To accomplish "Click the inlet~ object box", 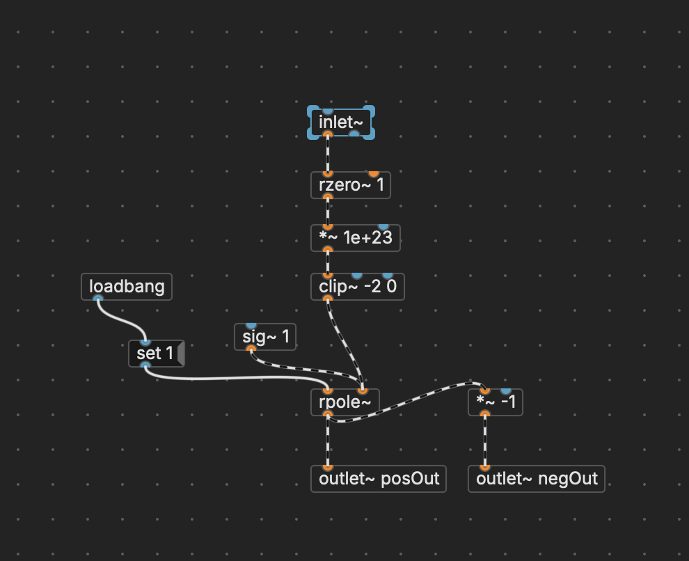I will point(340,123).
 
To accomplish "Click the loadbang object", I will point(126,287).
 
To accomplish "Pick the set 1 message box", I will point(154,354).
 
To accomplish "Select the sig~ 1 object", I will point(265,338).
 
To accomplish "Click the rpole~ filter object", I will point(344,402).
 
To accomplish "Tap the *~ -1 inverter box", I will point(496,402).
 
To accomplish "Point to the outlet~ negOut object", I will point(536,479).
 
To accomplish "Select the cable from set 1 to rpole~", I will point(237,379).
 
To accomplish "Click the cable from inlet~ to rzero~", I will point(328,153).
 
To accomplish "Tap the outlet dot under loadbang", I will point(98,299).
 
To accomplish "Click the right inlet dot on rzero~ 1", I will point(374,173).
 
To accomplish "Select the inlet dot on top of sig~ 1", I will point(251,325).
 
